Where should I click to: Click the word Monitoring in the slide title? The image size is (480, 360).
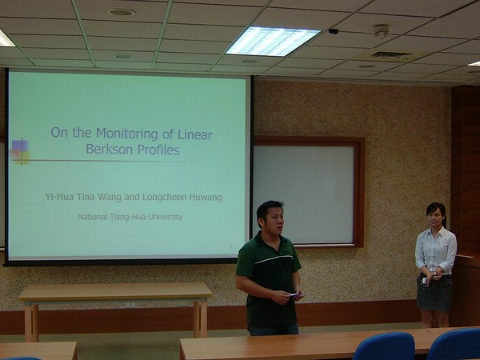click(x=127, y=134)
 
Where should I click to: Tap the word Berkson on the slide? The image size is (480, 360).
click(x=109, y=150)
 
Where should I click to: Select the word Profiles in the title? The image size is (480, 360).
click(x=158, y=150)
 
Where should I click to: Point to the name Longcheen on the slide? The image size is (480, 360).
click(x=164, y=197)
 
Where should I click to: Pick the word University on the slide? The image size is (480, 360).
click(x=166, y=217)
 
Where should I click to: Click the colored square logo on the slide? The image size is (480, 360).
click(x=21, y=152)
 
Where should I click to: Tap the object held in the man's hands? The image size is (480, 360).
click(x=294, y=294)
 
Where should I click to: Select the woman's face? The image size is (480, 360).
click(x=434, y=217)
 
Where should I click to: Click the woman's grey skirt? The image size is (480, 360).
click(x=434, y=293)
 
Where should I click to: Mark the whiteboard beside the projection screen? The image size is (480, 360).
click(x=304, y=194)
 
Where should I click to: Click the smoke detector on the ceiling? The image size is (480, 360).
click(x=381, y=31)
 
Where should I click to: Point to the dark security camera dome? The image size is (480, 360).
click(x=333, y=31)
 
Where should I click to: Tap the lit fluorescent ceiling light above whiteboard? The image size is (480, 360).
click(x=273, y=42)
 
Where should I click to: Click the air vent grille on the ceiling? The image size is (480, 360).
click(x=391, y=55)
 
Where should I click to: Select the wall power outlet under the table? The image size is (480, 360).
click(x=130, y=305)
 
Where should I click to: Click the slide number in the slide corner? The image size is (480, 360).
click(x=231, y=246)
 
